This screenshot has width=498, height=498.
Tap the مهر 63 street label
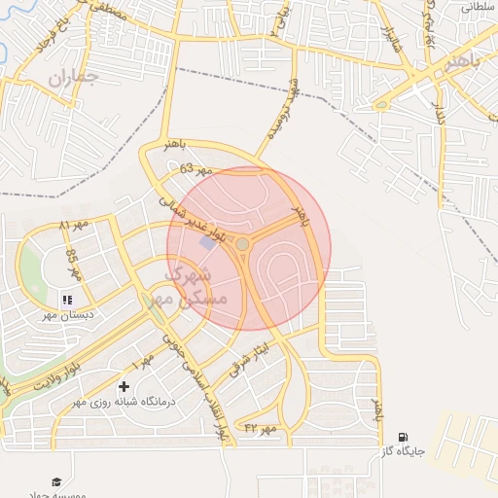(195, 169)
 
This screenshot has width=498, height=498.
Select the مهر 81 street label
(72, 226)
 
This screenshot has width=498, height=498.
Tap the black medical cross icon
(124, 386)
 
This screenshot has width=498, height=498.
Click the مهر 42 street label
(261, 428)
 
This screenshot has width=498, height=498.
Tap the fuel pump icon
(404, 438)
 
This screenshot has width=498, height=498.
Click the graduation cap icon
(56, 481)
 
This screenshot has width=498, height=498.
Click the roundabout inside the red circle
(240, 245)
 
